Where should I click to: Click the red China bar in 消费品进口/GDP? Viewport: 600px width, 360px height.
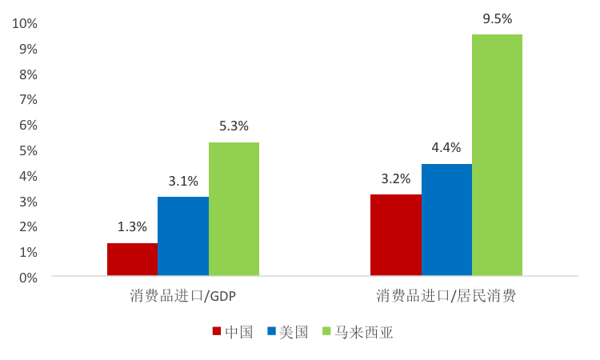click(132, 260)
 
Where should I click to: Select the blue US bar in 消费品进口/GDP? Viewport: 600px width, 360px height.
click(183, 237)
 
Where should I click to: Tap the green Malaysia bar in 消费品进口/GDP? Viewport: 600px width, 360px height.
click(234, 210)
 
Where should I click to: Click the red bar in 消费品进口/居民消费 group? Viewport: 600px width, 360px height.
click(396, 235)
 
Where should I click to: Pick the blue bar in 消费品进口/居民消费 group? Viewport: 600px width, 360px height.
click(446, 220)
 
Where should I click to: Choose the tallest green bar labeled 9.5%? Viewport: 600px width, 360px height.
click(497, 156)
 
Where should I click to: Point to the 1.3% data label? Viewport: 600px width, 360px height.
click(132, 226)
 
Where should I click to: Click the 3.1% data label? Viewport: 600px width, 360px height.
click(183, 181)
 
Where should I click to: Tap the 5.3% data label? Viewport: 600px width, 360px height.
click(234, 126)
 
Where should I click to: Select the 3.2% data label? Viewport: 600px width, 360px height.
click(396, 178)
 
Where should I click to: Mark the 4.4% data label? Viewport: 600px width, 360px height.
click(446, 148)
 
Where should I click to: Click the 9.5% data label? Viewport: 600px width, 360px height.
click(497, 18)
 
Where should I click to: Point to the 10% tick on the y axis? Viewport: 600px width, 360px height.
click(25, 24)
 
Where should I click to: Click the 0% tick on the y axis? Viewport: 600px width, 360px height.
click(28, 278)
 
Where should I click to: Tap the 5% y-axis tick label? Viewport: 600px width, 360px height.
click(28, 150)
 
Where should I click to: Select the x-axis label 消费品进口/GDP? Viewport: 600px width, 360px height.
click(183, 297)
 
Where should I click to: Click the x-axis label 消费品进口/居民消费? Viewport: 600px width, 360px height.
click(446, 297)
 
